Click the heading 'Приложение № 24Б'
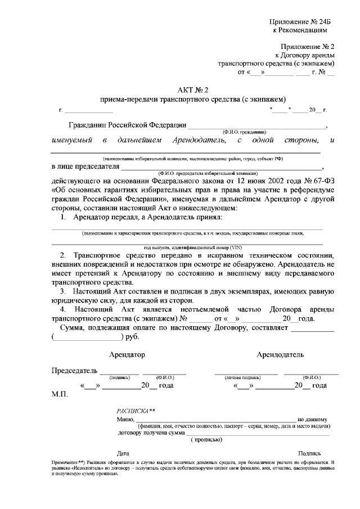point(303,21)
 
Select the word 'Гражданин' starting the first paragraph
point(85,125)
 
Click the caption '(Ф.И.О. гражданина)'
point(244,132)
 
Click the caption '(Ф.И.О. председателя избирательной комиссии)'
point(208,174)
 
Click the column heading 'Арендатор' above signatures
point(127,355)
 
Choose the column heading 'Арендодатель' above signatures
point(280,355)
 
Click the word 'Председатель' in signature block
point(74,371)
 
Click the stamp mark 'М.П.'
point(60,395)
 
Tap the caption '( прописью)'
point(208,439)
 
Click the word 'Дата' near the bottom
point(123,453)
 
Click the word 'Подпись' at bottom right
point(309,453)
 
